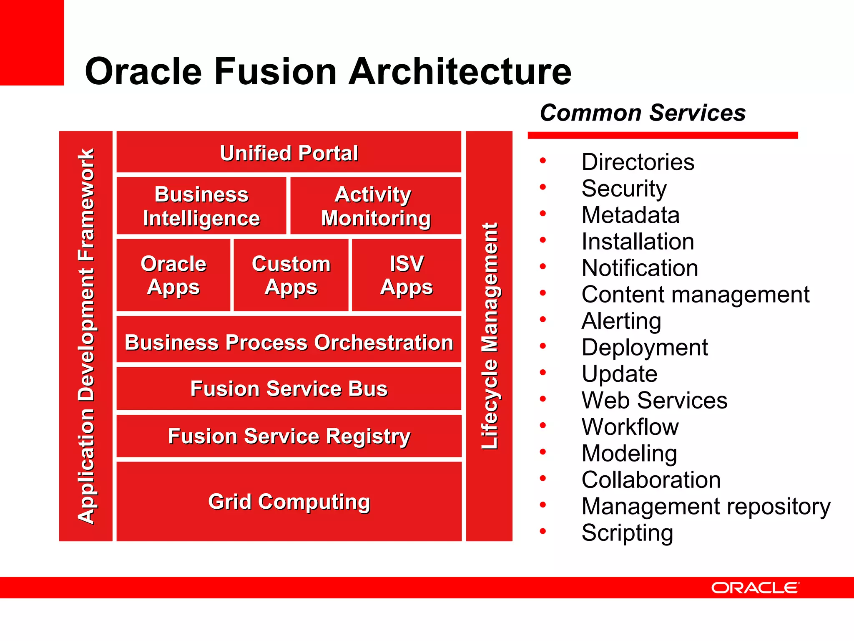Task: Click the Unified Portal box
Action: pos(289,152)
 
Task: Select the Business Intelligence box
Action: pos(201,206)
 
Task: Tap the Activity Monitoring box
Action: pos(375,206)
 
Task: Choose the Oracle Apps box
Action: pos(173,275)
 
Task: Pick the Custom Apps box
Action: pos(291,275)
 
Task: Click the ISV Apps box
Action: pos(407,275)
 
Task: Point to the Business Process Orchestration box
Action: pos(289,342)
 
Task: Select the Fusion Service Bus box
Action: pos(289,389)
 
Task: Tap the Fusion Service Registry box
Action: pos(289,436)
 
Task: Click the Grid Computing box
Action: pos(289,501)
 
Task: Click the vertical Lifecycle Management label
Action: pos(490,336)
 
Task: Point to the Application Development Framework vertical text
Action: pos(86,336)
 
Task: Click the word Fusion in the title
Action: pos(275,71)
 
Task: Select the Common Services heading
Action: pos(643,113)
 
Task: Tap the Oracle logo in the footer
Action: pos(755,588)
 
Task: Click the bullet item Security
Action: pos(624,189)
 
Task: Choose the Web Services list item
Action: pos(654,400)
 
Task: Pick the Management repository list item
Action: pos(706,506)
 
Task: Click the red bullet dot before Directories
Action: pos(543,161)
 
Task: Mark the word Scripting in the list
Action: pos(627,533)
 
